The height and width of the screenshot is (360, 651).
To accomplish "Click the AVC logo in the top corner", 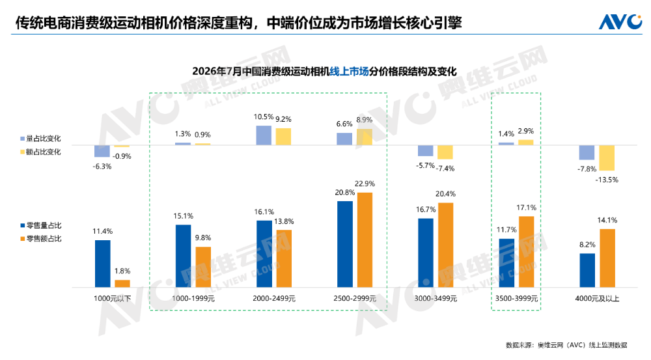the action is point(620,21).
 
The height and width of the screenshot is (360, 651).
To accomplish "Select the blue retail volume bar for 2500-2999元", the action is point(345,244).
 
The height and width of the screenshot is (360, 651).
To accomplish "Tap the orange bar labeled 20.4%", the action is point(445,245).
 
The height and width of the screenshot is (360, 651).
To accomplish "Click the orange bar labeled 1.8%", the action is point(122,284).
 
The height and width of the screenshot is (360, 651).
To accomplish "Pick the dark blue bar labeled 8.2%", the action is point(587,270).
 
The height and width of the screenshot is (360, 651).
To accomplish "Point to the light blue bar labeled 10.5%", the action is point(264,135).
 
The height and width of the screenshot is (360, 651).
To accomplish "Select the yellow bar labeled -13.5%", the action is point(607,158).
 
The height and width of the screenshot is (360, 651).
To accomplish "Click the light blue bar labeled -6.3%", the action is point(102,151).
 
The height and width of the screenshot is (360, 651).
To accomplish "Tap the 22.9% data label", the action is point(365,184).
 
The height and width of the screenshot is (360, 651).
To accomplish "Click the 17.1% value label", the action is point(527,208).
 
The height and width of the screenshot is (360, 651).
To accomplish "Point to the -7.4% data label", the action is point(445,169).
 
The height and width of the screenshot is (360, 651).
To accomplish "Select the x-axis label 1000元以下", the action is point(112,299).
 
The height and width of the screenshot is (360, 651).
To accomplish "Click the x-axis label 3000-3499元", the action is point(436,299).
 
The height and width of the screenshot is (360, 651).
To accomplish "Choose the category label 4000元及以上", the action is point(597,299).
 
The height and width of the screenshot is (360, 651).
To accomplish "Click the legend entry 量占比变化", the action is point(40,139).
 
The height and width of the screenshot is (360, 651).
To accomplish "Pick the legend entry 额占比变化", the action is point(40,152).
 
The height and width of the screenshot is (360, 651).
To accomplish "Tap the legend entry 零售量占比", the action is point(40,225).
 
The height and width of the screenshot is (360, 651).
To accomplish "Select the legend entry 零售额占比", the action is point(40,239).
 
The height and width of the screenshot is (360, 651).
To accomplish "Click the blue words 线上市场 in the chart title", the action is point(349,72).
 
